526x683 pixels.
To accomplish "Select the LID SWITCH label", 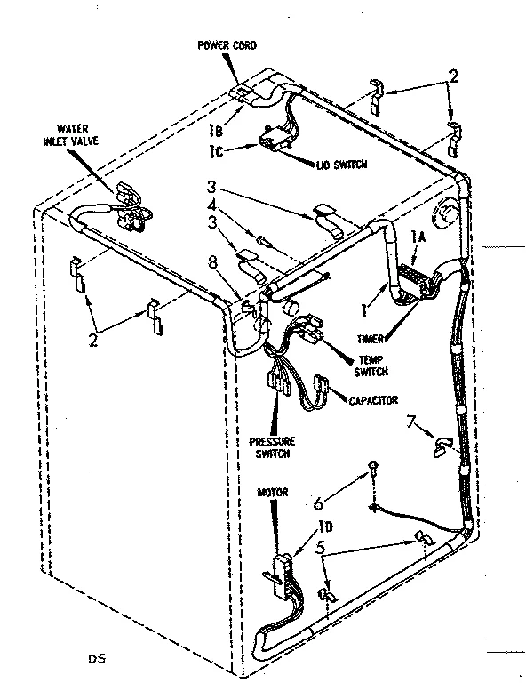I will click(317, 165).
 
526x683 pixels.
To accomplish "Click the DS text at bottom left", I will click(92, 659).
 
